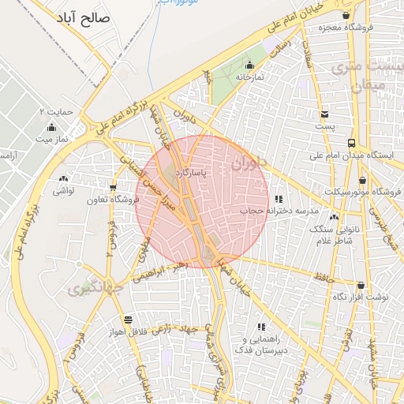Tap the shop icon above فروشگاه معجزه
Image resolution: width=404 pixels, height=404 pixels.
click(x=346, y=14)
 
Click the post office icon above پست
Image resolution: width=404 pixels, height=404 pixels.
click(x=324, y=113)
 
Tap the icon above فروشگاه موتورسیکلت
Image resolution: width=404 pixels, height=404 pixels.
click(x=362, y=180)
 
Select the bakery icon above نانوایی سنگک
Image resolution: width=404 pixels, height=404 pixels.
click(x=335, y=216)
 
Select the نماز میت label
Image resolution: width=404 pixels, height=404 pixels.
click(x=53, y=138)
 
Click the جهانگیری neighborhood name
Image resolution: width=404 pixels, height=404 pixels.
click(x=103, y=287)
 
